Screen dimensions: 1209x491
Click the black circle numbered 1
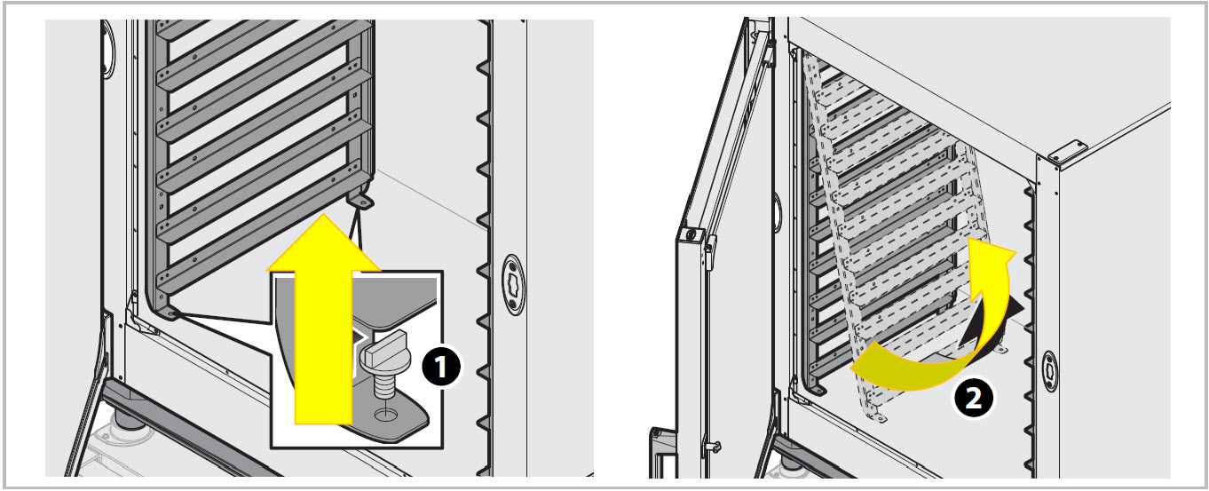click(x=441, y=367)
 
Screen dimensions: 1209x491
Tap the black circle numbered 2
click(x=973, y=398)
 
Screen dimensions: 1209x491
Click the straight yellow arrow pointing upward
click(x=323, y=319)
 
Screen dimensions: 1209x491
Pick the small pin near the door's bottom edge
click(x=715, y=447)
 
